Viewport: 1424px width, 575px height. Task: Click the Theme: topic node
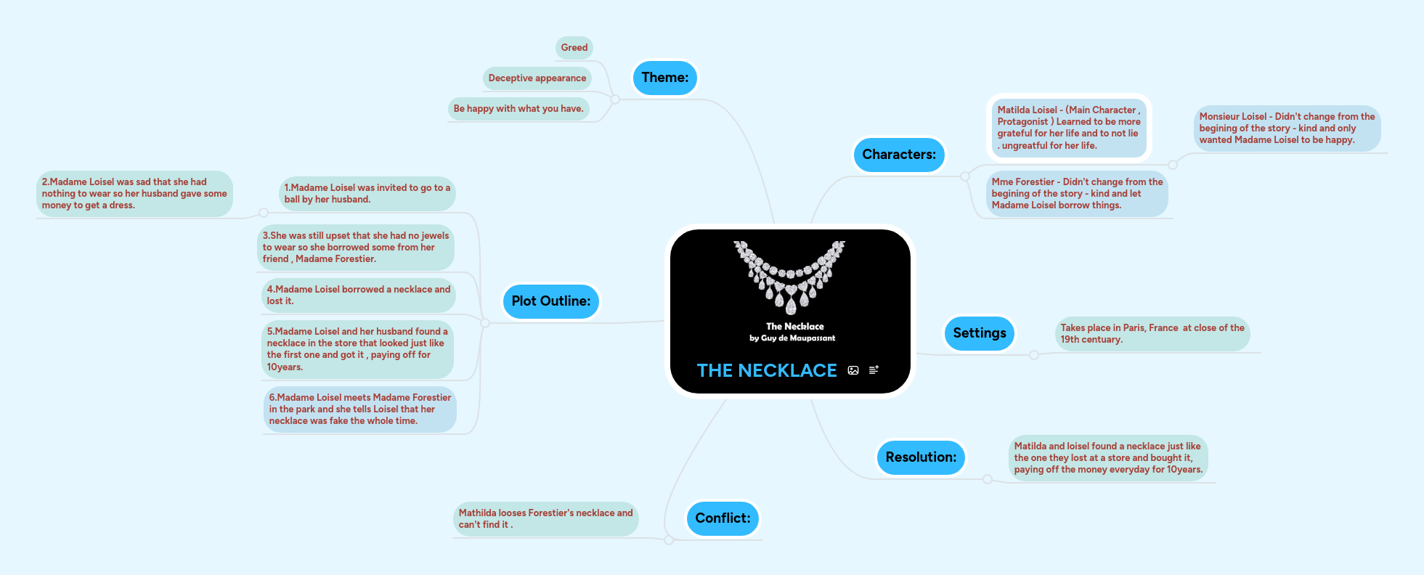[x=664, y=78]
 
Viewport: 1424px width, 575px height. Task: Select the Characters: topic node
[x=898, y=155]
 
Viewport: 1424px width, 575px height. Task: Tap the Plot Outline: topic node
[x=550, y=301]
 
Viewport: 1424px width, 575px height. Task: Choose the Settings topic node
[x=979, y=333]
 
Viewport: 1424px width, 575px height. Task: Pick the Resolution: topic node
[x=920, y=457]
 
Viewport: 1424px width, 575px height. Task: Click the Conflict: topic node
[x=723, y=518]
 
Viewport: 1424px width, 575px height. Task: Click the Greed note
[x=574, y=48]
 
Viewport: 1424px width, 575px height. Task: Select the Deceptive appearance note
[x=537, y=78]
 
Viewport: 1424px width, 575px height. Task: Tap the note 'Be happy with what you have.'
[x=518, y=109]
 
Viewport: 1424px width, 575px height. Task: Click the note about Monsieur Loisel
[x=1286, y=129]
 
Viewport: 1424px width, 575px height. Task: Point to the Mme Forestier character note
[x=1077, y=194]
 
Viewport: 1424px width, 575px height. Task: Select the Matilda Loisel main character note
[x=1068, y=128]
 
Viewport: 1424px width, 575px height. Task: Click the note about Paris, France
[x=1152, y=334]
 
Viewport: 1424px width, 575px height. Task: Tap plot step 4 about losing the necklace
[x=358, y=295]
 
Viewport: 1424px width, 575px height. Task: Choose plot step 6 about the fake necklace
[x=359, y=409]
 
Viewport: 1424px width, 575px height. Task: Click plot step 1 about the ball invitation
[x=367, y=194]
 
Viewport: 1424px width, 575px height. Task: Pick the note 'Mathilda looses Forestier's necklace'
[x=545, y=519]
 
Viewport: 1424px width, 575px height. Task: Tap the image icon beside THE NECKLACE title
[x=853, y=370]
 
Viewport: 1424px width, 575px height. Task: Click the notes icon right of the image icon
[x=874, y=370]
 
